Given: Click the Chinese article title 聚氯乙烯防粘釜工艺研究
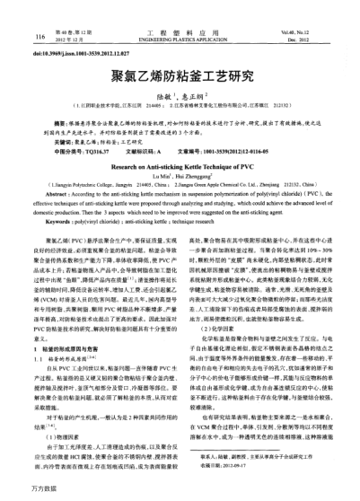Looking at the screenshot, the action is tap(180, 78).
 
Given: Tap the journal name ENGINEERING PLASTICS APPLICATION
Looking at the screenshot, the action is tap(180, 40).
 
